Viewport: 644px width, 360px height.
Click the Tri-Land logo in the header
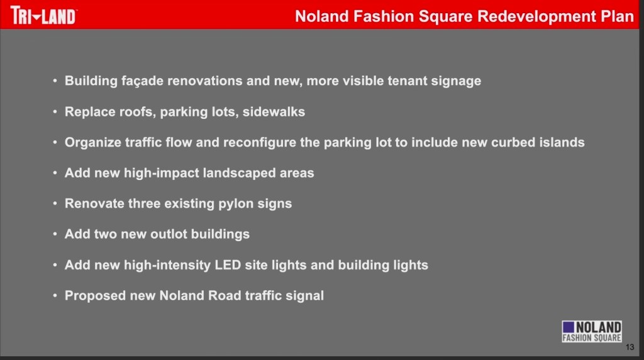[43, 16]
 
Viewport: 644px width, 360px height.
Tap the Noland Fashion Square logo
[591, 331]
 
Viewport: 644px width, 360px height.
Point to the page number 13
[630, 347]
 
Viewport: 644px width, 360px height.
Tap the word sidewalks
[274, 112]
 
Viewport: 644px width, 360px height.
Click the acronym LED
[228, 265]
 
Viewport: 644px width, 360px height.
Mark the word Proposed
[95, 296]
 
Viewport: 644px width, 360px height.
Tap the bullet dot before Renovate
[55, 204]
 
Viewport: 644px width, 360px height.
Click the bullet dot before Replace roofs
[55, 112]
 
